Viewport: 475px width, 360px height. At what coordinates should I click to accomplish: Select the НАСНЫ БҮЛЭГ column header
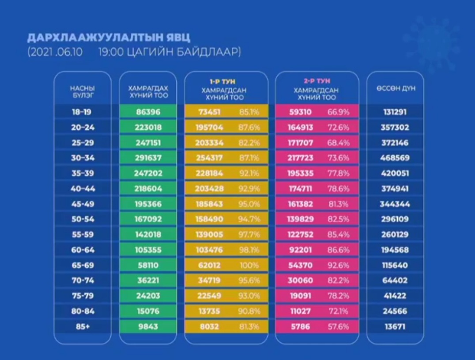(82, 91)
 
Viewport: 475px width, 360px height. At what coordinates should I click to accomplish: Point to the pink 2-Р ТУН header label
(317, 82)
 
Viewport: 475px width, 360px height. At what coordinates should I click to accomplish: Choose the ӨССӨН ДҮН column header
(396, 88)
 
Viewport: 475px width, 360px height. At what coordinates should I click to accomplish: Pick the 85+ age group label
(82, 327)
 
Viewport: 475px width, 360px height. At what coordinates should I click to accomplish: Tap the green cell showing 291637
(148, 158)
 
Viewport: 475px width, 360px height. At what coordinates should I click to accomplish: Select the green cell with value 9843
(148, 327)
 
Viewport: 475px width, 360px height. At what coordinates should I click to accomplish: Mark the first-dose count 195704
(210, 127)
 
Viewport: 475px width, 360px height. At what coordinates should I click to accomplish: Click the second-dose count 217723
(301, 158)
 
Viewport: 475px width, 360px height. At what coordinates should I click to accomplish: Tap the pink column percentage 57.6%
(338, 327)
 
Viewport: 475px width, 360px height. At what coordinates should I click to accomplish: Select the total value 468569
(395, 158)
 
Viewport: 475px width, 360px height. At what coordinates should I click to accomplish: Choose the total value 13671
(395, 327)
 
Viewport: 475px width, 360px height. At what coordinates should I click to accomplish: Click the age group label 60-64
(83, 250)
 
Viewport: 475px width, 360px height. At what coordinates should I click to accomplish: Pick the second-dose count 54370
(301, 266)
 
